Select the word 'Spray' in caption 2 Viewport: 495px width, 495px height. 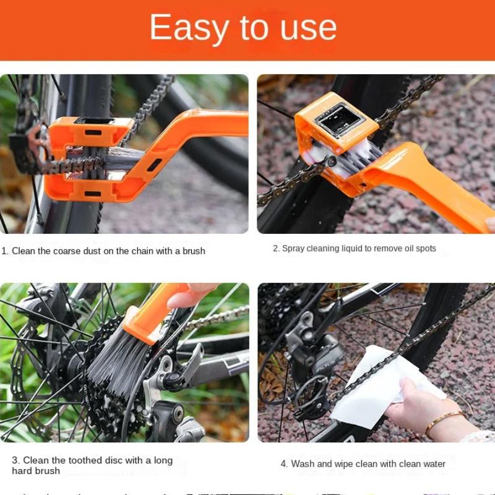pos(294,249)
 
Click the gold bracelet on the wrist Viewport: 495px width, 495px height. pos(442,421)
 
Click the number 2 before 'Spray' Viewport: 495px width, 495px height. pos(276,249)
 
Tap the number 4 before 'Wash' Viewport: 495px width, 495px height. pos(283,464)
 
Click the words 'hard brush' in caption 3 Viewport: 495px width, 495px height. pos(36,471)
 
